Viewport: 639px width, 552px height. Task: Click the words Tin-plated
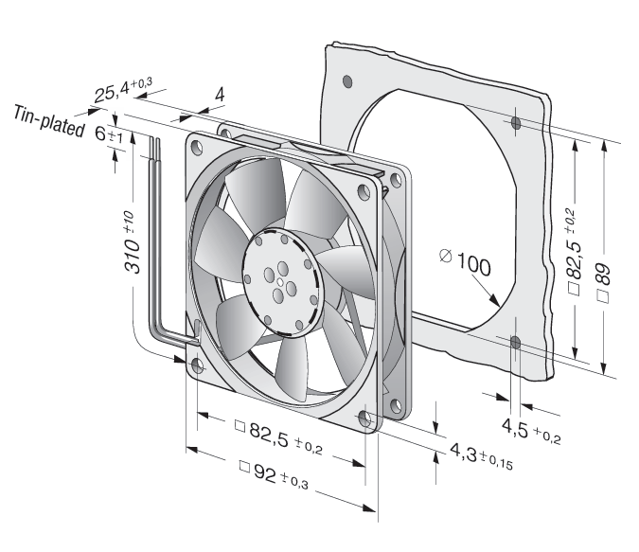(x=49, y=121)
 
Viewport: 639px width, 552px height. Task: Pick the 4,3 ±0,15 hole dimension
(x=481, y=456)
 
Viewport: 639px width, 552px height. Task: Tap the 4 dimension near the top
(x=220, y=95)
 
